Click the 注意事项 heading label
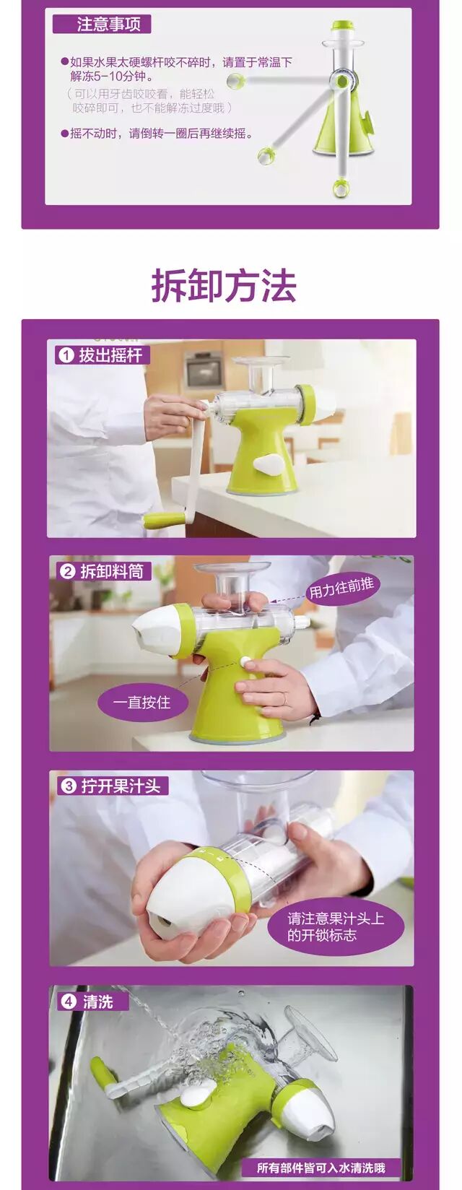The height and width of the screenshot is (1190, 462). click(x=102, y=25)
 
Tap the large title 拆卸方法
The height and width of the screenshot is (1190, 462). click(x=224, y=286)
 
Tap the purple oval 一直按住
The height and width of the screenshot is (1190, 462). click(x=141, y=703)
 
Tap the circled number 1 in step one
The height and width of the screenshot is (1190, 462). click(x=66, y=355)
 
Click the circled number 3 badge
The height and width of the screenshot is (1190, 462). click(x=69, y=786)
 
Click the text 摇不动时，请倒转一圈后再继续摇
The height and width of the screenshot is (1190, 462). click(x=160, y=134)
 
